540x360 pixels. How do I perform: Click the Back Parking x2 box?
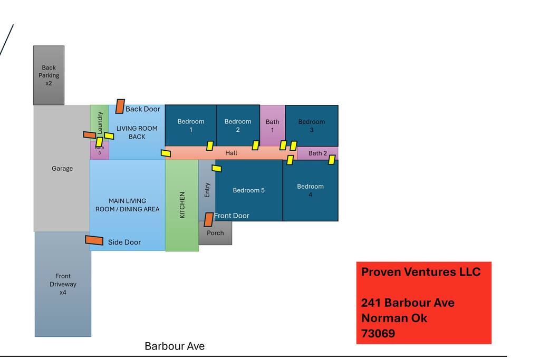pyautogui.click(x=49, y=75)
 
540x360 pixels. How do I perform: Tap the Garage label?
pyautogui.click(x=62, y=169)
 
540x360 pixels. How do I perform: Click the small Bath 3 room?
pyautogui.click(x=99, y=151)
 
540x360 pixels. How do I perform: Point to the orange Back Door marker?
pyautogui.click(x=120, y=106)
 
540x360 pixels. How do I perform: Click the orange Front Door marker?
pyautogui.click(x=209, y=219)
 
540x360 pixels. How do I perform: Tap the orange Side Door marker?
pyautogui.click(x=94, y=240)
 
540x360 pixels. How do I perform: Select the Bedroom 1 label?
pyautogui.click(x=190, y=125)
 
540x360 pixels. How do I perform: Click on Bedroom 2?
pyautogui.click(x=238, y=125)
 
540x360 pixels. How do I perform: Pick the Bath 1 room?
pyautogui.click(x=273, y=125)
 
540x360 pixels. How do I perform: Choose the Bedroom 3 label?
pyautogui.click(x=312, y=125)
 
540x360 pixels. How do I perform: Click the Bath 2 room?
pyautogui.click(x=317, y=153)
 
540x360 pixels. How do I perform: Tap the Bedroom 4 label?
pyautogui.click(x=310, y=190)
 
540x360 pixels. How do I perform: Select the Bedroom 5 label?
pyautogui.click(x=248, y=190)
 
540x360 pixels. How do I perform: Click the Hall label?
pyautogui.click(x=231, y=153)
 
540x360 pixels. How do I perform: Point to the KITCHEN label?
pyautogui.click(x=182, y=205)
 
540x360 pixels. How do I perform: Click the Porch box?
pyautogui.click(x=215, y=233)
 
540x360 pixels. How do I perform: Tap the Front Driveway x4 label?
pyautogui.click(x=63, y=284)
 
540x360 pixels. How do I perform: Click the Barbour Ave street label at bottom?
pyautogui.click(x=175, y=346)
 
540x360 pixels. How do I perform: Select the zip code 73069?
pyautogui.click(x=378, y=334)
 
